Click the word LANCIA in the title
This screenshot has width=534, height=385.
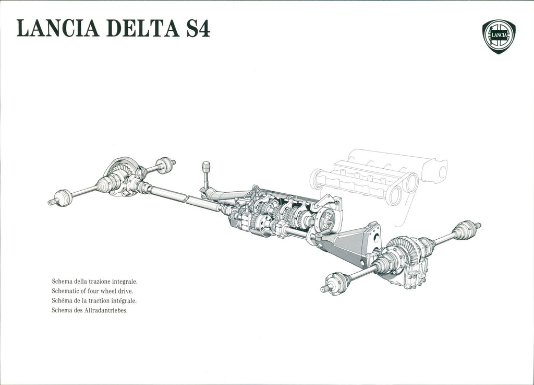click(58, 28)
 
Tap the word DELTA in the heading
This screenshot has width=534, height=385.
click(143, 28)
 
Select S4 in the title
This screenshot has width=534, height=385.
click(198, 28)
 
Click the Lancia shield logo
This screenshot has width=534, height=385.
click(499, 36)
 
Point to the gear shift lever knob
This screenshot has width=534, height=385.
click(206, 167)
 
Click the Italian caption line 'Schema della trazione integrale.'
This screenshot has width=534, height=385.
click(95, 282)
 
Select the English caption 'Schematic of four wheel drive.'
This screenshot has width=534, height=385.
click(92, 291)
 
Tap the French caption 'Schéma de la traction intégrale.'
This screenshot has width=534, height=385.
click(94, 301)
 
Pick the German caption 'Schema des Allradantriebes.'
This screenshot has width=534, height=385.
click(90, 310)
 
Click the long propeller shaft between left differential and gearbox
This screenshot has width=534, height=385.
click(184, 198)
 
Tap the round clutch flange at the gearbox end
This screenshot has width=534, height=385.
click(325, 220)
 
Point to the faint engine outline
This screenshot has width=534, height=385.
click(378, 181)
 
